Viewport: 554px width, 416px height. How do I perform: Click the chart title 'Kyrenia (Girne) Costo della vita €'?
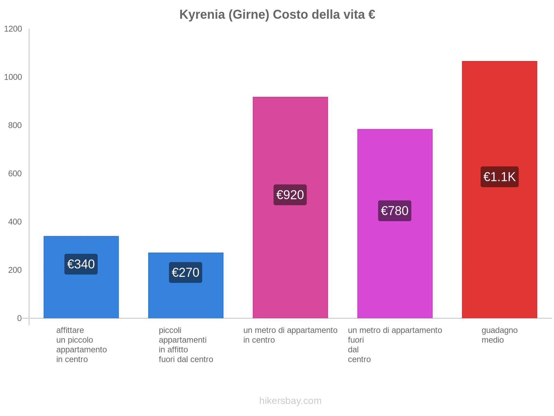[277, 15]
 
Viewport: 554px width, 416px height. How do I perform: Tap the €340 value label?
[81, 264]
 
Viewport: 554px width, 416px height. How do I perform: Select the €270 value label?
[186, 272]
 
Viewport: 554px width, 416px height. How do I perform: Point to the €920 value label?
[290, 195]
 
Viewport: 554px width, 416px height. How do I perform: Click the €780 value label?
[395, 211]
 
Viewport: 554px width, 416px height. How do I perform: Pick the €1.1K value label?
[499, 177]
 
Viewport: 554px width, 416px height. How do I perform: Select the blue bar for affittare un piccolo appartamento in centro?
[81, 295]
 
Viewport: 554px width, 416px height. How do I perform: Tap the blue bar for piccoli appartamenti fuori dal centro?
[186, 298]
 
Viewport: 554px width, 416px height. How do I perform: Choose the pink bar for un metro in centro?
[290, 139]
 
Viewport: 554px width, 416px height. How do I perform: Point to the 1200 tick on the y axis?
[13, 29]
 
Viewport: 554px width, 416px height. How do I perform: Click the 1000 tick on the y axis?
[13, 77]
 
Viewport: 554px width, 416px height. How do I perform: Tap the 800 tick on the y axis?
[15, 125]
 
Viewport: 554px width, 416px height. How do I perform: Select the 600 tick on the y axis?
[15, 174]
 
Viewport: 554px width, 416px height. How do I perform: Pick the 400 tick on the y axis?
[15, 222]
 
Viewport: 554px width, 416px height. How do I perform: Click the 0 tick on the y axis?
[19, 318]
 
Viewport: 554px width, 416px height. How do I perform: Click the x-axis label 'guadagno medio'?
[499, 335]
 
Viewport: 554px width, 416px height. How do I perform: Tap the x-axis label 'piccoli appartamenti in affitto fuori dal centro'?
[186, 345]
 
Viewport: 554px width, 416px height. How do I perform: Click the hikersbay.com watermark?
[290, 401]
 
